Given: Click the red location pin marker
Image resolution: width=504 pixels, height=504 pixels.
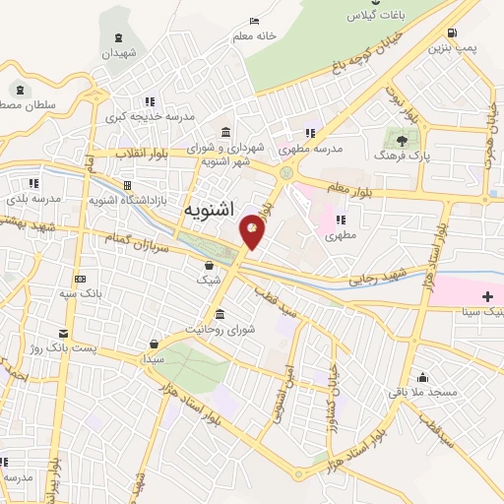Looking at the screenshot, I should (x=253, y=230).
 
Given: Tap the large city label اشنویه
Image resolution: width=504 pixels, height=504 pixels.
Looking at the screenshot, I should (x=211, y=211).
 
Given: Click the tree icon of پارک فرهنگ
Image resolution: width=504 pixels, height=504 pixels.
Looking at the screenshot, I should (x=401, y=141).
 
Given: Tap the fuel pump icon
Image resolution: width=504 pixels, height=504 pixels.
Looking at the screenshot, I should (x=452, y=31).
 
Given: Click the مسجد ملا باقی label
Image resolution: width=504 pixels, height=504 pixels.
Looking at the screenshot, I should (x=423, y=392).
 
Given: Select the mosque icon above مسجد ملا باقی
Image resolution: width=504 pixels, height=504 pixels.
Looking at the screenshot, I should (x=423, y=376).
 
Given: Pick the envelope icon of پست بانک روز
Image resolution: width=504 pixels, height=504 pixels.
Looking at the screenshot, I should (x=64, y=333).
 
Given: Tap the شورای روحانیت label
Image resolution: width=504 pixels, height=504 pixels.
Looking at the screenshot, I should (x=225, y=330).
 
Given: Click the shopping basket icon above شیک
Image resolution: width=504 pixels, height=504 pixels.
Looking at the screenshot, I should (x=209, y=265).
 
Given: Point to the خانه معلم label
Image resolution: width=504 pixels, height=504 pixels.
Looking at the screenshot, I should (x=253, y=36).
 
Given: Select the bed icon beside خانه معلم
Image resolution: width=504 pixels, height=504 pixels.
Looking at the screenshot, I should (x=255, y=21).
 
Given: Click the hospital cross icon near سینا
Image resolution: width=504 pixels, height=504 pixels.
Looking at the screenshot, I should (x=487, y=296).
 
